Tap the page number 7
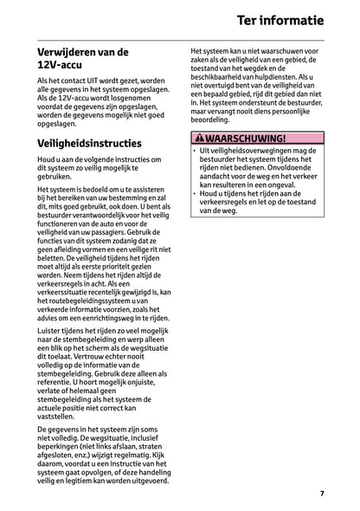coord(321,493)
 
